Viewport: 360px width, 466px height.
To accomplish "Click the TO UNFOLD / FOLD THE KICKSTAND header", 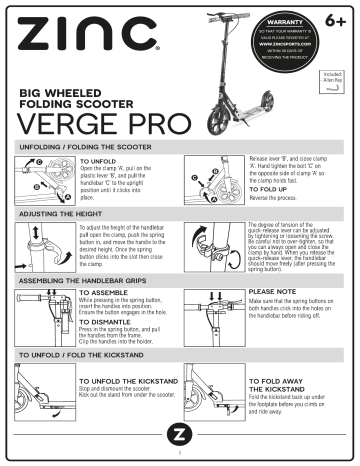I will click(x=89, y=356).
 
